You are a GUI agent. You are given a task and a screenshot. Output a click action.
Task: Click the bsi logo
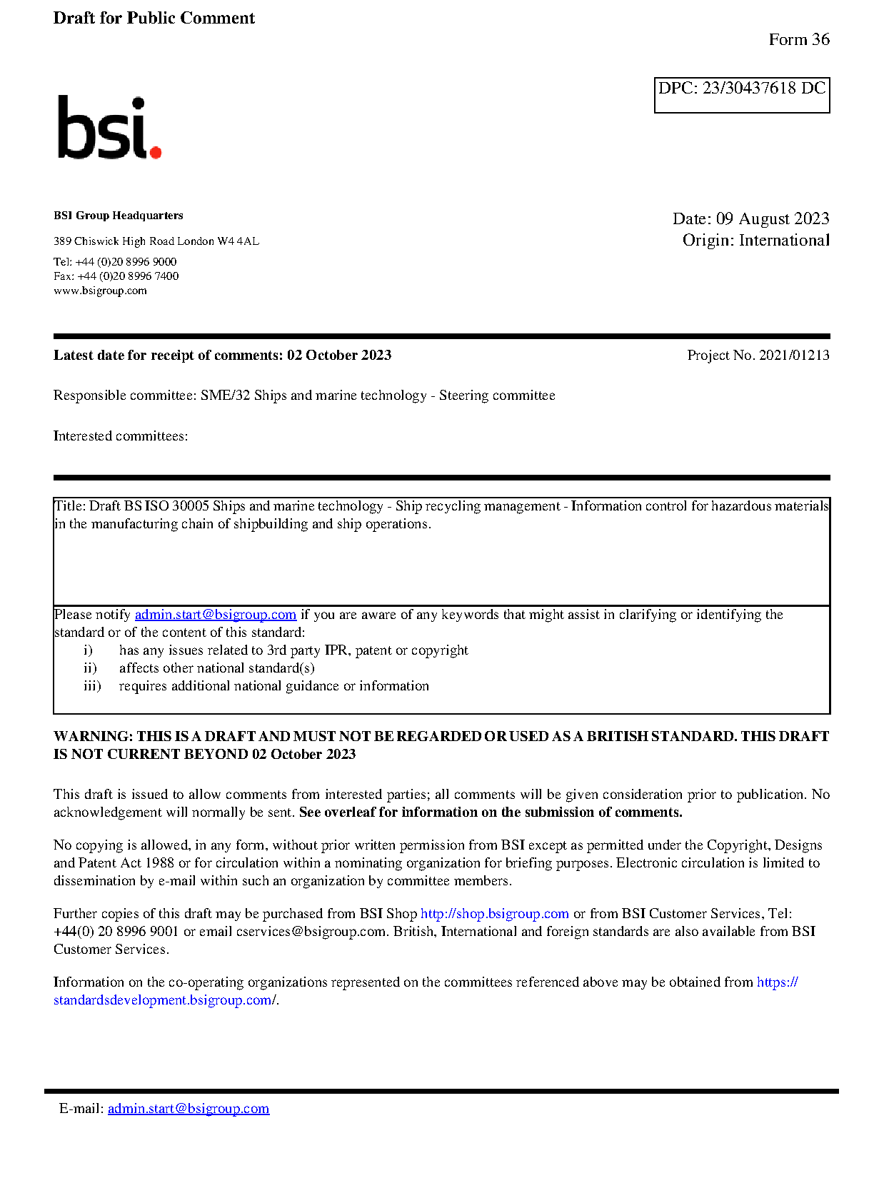(109, 129)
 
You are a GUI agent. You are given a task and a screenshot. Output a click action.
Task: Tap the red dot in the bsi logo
(155, 151)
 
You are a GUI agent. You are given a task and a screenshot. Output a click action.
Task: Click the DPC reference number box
(741, 95)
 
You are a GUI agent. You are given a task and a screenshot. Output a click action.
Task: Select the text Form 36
(798, 40)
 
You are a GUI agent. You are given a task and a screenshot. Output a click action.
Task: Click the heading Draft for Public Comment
(154, 19)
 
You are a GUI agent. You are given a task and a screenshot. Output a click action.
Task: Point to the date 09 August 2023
(772, 218)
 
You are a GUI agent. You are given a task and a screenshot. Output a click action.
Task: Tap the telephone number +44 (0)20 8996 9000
(126, 262)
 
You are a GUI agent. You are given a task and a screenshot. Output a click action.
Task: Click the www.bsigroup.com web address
(100, 291)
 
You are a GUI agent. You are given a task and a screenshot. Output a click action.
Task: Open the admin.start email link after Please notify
(215, 615)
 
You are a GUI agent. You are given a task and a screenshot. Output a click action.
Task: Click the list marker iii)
(92, 686)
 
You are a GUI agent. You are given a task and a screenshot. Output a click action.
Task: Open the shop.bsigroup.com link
(494, 914)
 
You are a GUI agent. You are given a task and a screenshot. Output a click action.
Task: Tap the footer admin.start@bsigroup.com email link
(189, 1109)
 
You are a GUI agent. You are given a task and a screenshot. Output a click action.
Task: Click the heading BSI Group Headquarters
(118, 216)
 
